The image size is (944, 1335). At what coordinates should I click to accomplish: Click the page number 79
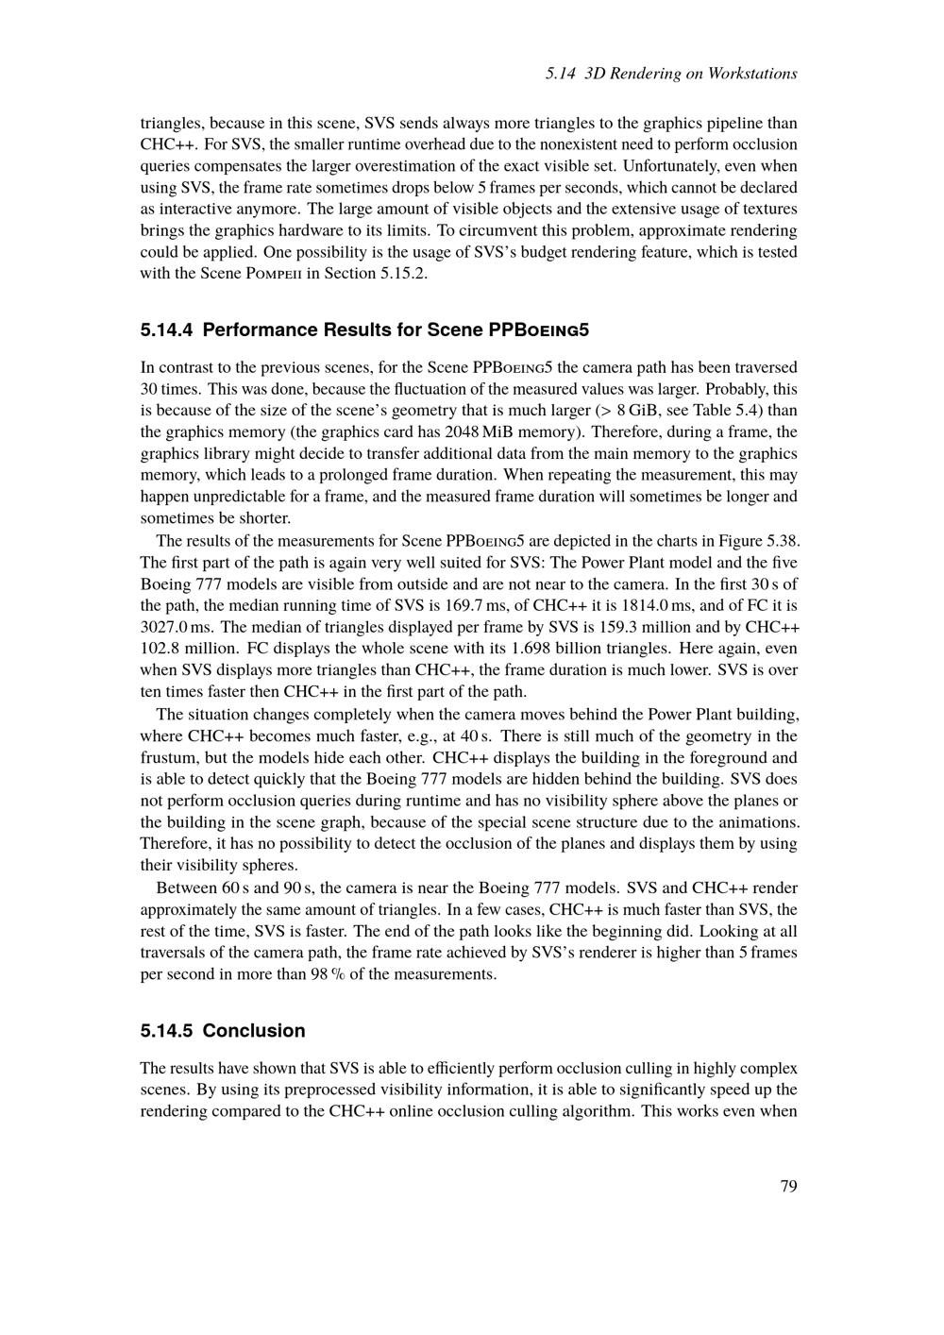click(789, 1186)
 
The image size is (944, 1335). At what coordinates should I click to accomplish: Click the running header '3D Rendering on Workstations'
click(691, 74)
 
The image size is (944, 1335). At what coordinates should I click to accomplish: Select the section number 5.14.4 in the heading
click(167, 330)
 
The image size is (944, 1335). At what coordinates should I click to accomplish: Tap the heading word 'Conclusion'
click(254, 1031)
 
